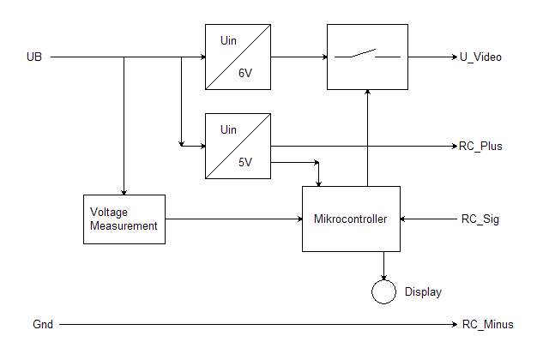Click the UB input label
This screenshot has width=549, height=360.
pyautogui.click(x=34, y=57)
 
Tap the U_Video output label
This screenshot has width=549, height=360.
pyautogui.click(x=480, y=57)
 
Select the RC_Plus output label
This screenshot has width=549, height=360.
pyautogui.click(x=480, y=146)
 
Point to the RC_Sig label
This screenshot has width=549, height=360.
pyautogui.click(x=479, y=219)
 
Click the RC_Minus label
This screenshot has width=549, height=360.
pyautogui.click(x=486, y=325)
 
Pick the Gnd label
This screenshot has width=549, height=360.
pyautogui.click(x=43, y=325)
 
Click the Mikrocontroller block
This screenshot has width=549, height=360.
pyautogui.click(x=351, y=219)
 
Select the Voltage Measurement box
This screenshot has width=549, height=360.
pyautogui.click(x=124, y=219)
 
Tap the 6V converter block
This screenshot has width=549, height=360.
pyautogui.click(x=238, y=57)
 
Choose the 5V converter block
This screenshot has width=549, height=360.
pyautogui.click(x=238, y=146)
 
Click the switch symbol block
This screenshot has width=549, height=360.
pyautogui.click(x=367, y=57)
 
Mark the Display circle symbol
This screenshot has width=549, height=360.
pyautogui.click(x=383, y=291)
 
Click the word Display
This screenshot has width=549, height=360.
pyautogui.click(x=423, y=292)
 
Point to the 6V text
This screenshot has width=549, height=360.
pyautogui.click(x=246, y=74)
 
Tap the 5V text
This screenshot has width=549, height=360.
pyautogui.click(x=246, y=163)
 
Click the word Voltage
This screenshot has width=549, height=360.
pyautogui.click(x=109, y=211)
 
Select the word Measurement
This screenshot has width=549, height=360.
pyautogui.click(x=124, y=226)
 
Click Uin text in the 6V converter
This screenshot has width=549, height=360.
pyautogui.click(x=228, y=40)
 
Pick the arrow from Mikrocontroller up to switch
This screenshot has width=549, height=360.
pyautogui.click(x=367, y=137)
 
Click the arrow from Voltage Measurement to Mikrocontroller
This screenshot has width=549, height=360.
pyautogui.click(x=232, y=219)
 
